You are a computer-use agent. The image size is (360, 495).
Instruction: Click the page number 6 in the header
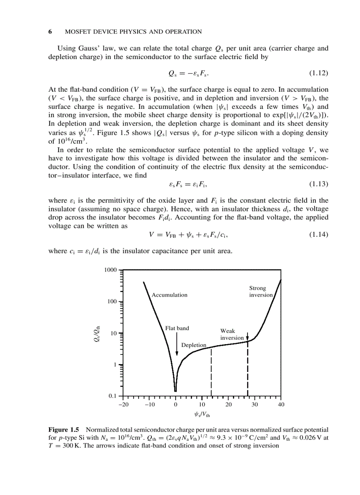50,32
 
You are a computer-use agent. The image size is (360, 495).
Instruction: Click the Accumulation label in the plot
169,295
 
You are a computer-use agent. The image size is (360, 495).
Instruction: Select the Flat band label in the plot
177,328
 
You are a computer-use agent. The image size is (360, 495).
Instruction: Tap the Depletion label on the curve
194,345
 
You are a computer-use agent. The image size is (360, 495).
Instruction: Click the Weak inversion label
232,334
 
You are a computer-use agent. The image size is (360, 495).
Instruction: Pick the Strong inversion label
260,291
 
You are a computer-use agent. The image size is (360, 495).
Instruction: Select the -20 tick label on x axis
123,405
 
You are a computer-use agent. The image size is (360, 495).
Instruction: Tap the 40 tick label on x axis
281,405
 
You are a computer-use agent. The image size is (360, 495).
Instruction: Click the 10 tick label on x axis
202,405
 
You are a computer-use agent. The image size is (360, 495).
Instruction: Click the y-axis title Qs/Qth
99,333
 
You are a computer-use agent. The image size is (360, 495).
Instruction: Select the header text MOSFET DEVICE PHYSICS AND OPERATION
133,32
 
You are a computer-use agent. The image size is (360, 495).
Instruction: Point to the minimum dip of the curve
176,390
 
